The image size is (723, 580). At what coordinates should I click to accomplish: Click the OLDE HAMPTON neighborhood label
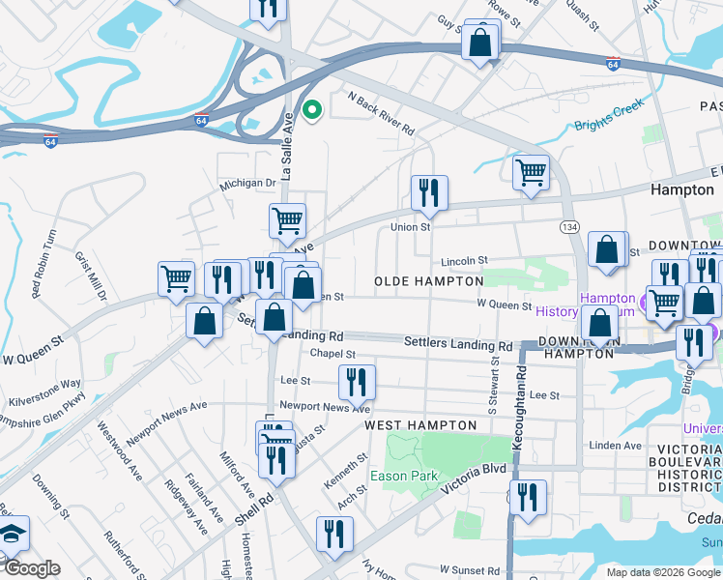pos(428,281)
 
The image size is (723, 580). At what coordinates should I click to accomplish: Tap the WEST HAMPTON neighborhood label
pos(420,425)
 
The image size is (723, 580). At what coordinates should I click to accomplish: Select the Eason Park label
pos(404,476)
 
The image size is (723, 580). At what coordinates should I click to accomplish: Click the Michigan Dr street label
pos(247,183)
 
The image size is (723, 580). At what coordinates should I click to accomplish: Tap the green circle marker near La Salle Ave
pos(311,111)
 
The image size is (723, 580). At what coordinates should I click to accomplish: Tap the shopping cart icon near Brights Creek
pos(531,172)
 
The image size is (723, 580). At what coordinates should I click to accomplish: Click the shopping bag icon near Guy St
pos(480,42)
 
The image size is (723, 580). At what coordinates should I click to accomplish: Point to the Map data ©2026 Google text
pos(663,572)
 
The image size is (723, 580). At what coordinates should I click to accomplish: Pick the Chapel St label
pos(333,355)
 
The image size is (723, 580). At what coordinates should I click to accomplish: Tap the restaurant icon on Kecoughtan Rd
pos(528,498)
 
